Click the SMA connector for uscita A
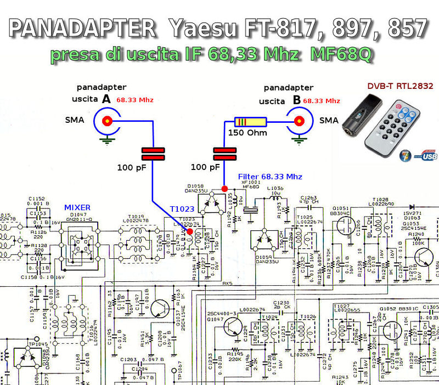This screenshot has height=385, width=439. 106,121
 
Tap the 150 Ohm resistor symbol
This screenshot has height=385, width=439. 250,122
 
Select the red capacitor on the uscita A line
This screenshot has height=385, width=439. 153,154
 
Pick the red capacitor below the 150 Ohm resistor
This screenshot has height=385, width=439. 224,154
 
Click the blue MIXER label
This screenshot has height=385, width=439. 77,207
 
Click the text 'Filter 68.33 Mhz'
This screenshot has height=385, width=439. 270,177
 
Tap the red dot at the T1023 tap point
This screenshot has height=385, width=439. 190,232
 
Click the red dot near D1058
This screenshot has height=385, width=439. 224,189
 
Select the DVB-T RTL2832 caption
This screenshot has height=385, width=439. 399,86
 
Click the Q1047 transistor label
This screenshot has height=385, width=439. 216,318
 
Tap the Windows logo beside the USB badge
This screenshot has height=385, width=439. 407,155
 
